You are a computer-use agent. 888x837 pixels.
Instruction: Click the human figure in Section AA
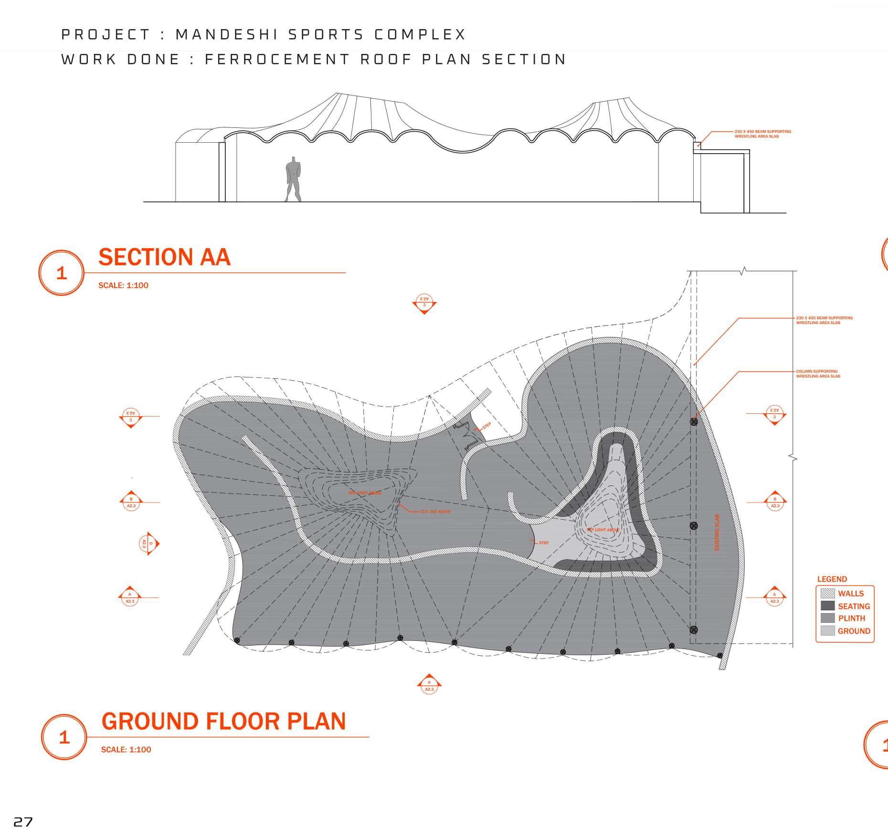tap(294, 179)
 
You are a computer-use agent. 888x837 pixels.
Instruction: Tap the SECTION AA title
tap(164, 257)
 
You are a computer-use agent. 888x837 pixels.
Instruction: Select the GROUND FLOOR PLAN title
tap(223, 721)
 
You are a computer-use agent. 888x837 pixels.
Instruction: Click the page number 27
tap(23, 822)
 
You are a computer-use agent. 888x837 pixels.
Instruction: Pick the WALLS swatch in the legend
tap(827, 594)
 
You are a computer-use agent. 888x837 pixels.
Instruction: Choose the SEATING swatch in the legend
tap(827, 606)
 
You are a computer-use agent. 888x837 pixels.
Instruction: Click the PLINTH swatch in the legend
tap(827, 618)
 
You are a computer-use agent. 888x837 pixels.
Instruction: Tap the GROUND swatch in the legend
tap(827, 631)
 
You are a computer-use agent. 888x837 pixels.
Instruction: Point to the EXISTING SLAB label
tap(717, 532)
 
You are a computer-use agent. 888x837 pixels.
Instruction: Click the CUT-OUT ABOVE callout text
tap(435, 512)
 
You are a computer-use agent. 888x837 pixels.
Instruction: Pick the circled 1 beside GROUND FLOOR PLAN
tap(64, 737)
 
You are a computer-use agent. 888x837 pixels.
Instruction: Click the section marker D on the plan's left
tap(149, 543)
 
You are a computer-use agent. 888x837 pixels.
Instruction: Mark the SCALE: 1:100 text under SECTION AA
tap(123, 285)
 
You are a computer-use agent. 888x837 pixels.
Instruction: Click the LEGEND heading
tap(832, 579)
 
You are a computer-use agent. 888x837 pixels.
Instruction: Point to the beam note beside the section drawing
tap(763, 134)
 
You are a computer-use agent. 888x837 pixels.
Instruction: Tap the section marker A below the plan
tap(429, 685)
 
